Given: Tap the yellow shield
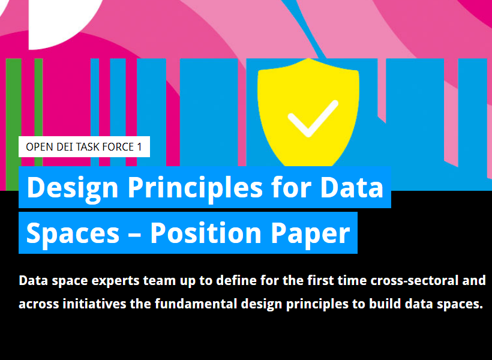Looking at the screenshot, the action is click(308, 112).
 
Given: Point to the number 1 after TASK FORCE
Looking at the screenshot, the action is click(140, 147).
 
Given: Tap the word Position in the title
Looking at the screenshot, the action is click(206, 233).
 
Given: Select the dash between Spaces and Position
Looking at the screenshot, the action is click(134, 235).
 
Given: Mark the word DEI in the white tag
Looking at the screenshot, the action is click(65, 147).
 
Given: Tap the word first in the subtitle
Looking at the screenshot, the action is click(320, 280).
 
